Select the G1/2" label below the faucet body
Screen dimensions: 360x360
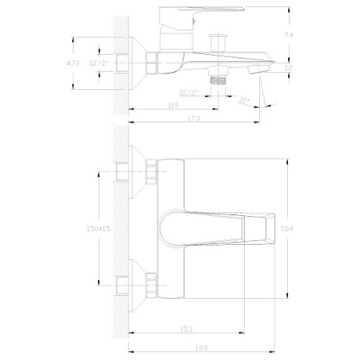(189, 92)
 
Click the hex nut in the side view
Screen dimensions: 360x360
(150, 63)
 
